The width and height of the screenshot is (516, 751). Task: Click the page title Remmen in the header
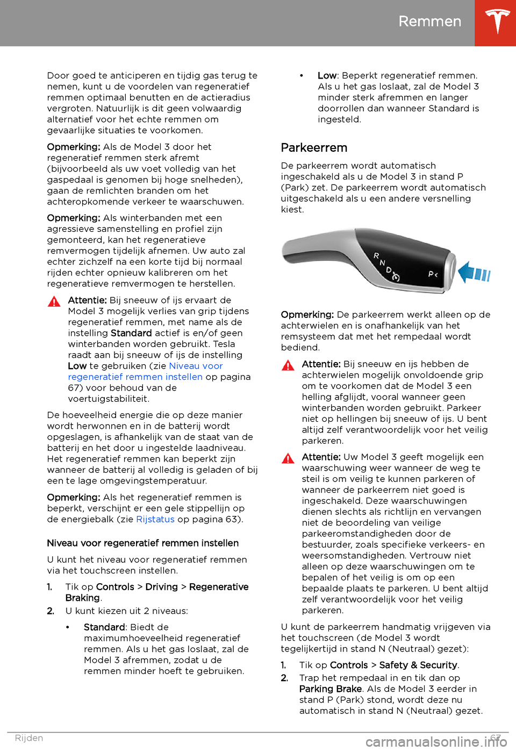point(429,22)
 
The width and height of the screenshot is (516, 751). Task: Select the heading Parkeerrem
point(314,148)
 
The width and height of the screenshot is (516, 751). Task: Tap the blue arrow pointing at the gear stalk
point(475,272)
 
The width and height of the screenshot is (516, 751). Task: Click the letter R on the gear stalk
point(376,256)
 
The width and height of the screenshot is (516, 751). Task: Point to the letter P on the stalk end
point(431,274)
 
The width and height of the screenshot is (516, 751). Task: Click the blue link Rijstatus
point(155,520)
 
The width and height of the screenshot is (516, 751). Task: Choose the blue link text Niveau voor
point(196,366)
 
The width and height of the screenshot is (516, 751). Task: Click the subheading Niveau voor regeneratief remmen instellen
point(142,543)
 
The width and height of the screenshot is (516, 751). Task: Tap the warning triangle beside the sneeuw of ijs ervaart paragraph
point(54,302)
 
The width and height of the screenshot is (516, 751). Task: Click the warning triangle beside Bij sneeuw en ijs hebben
point(288,366)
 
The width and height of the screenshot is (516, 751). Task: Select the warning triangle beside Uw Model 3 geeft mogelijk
point(288,458)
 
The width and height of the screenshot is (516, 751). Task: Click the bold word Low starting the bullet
point(327,76)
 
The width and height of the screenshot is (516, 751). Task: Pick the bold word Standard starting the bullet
point(104,627)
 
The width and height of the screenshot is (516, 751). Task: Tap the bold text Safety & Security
point(418,665)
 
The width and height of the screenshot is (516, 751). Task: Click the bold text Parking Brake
point(330,689)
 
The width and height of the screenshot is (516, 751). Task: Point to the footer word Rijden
point(29,738)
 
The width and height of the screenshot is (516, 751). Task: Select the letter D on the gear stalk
point(389,270)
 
